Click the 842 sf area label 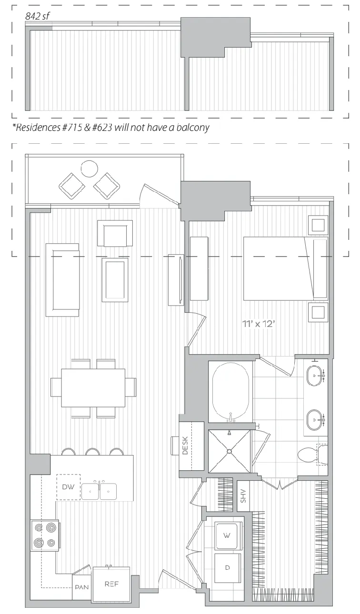pos(38,17)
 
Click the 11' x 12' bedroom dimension pos(259,324)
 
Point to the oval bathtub pos(231,391)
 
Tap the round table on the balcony pos(90,168)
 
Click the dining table pos(93,387)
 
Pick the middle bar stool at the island pos(92,452)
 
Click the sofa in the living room pos(63,280)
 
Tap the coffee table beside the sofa pos(115,280)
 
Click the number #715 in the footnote pos(73,128)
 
